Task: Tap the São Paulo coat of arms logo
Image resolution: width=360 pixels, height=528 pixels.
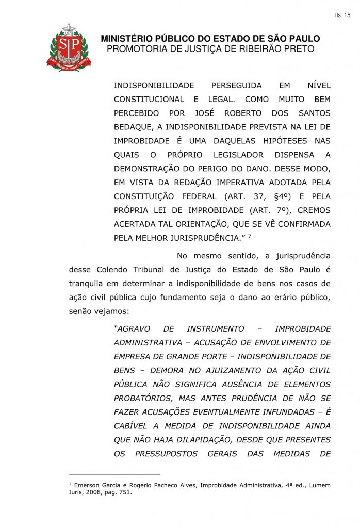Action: (69, 47)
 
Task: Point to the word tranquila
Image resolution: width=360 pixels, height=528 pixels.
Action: (87, 284)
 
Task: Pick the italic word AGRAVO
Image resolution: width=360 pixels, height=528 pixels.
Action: (133, 329)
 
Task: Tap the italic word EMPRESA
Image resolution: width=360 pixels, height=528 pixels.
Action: (131, 357)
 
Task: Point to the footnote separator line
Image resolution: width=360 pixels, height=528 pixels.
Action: (114, 474)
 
